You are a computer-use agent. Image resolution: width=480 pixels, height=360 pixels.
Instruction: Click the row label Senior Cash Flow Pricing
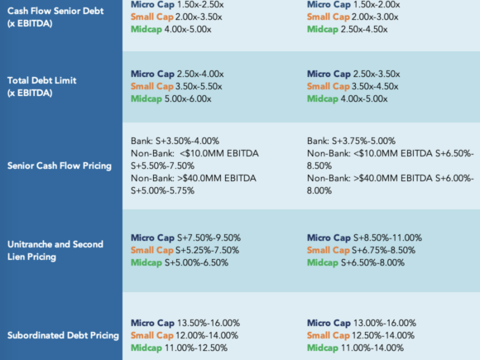point(60,166)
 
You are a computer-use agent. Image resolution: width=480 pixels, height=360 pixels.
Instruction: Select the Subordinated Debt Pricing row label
point(63,335)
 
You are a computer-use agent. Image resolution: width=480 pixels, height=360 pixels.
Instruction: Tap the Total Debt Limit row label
point(41,87)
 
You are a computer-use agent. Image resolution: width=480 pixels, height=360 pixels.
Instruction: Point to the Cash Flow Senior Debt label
point(55,17)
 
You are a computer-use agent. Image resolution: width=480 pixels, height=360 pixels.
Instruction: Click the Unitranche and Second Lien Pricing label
point(55,251)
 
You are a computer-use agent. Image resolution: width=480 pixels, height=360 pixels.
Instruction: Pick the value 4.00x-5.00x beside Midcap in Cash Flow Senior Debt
point(188,30)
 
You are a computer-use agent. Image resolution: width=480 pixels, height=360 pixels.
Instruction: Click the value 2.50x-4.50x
point(364,30)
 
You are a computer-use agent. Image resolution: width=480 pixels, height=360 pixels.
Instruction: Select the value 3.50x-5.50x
point(199,86)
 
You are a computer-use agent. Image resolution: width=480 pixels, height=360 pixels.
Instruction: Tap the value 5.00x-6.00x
point(188,98)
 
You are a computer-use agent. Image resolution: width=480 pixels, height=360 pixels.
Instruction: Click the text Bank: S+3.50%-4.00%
point(175,141)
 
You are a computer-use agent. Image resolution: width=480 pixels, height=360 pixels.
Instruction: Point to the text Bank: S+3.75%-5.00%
point(351,141)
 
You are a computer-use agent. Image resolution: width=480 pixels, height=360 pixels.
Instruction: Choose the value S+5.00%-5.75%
point(162,190)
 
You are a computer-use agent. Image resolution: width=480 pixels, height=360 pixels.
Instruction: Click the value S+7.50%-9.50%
point(209,238)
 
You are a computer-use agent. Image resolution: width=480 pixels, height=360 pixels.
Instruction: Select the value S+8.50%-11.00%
point(388,238)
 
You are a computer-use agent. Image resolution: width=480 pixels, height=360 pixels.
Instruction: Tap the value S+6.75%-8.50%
point(383,250)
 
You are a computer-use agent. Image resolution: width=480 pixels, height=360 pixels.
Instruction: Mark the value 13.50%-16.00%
point(209,323)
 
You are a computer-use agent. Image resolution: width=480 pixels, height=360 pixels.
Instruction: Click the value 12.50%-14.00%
point(383,335)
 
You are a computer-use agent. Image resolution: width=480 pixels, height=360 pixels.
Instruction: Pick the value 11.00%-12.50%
point(196,348)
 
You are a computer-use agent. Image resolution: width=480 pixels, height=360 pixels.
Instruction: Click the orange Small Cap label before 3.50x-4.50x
point(329,87)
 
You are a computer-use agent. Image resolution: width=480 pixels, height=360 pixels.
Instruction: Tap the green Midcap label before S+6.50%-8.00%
point(323,262)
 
